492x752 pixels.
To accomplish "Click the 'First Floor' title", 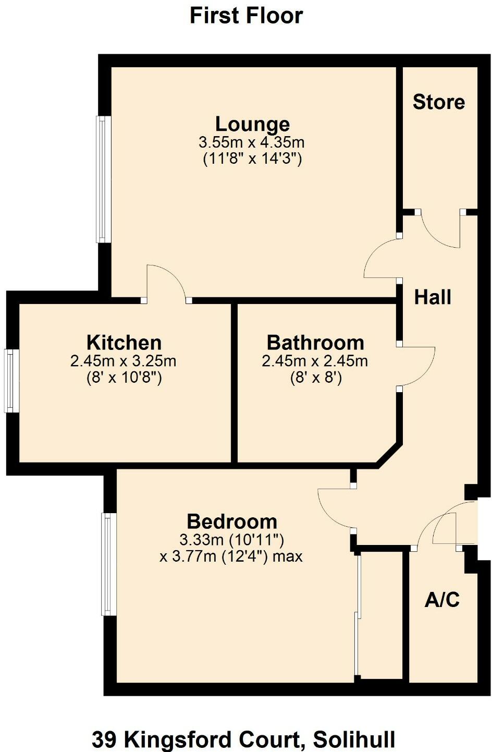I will pos(246,16).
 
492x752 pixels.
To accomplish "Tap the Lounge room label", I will pos(252,124).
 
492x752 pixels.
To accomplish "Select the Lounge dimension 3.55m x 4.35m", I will pos(252,142).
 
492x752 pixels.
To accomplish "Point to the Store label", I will pos(438,102).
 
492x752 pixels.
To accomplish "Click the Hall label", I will pos(433,297).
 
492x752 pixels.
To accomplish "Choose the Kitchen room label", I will pos(124,343).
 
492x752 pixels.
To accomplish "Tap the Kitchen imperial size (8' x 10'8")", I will pos(124,377).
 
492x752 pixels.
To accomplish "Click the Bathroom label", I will pos(315,343).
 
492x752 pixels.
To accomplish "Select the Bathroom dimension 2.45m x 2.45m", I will pos(315,360).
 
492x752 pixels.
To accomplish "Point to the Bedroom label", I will pos(232,521).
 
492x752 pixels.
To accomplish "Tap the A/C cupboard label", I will pos(442,600).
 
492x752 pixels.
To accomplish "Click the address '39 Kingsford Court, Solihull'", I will pos(243,739).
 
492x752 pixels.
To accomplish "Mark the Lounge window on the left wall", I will pos(103,179).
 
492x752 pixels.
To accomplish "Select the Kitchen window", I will pos(11,381).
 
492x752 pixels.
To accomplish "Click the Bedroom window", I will pos(108,564).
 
